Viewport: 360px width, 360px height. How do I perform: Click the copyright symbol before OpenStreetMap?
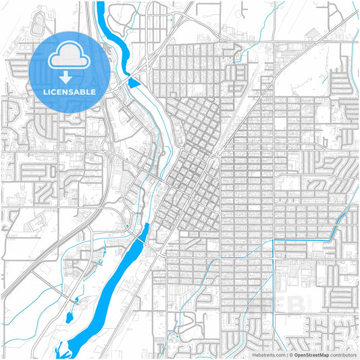(x=290, y=354)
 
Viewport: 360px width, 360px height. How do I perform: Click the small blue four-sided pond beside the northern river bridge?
(x=134, y=84)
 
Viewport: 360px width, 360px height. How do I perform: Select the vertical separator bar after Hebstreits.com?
(x=286, y=354)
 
